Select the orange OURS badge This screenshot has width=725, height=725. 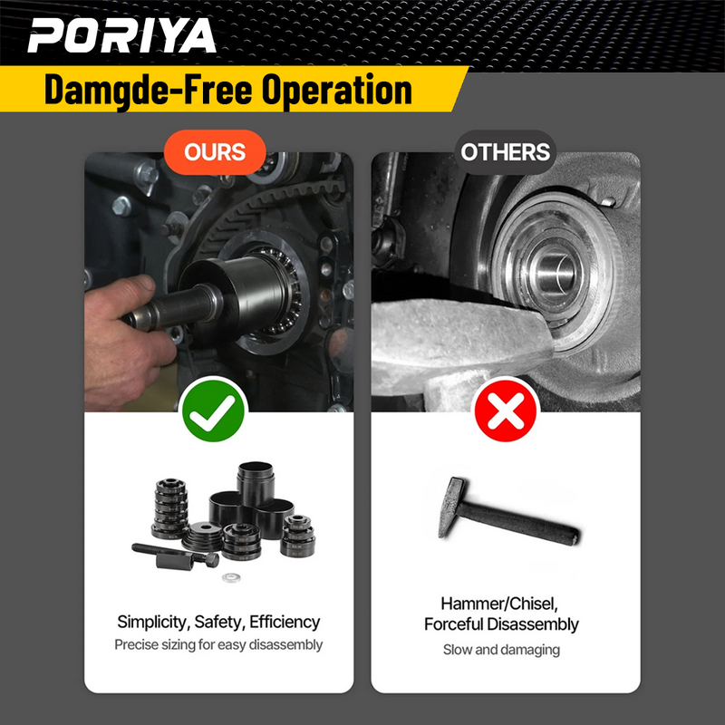click(x=215, y=151)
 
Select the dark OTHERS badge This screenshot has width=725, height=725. click(x=505, y=151)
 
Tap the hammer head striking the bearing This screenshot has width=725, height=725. click(x=453, y=340)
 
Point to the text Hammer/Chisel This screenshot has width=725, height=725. click(x=501, y=603)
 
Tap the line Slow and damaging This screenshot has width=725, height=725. click(x=501, y=649)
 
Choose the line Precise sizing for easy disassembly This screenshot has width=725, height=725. click(x=217, y=645)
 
